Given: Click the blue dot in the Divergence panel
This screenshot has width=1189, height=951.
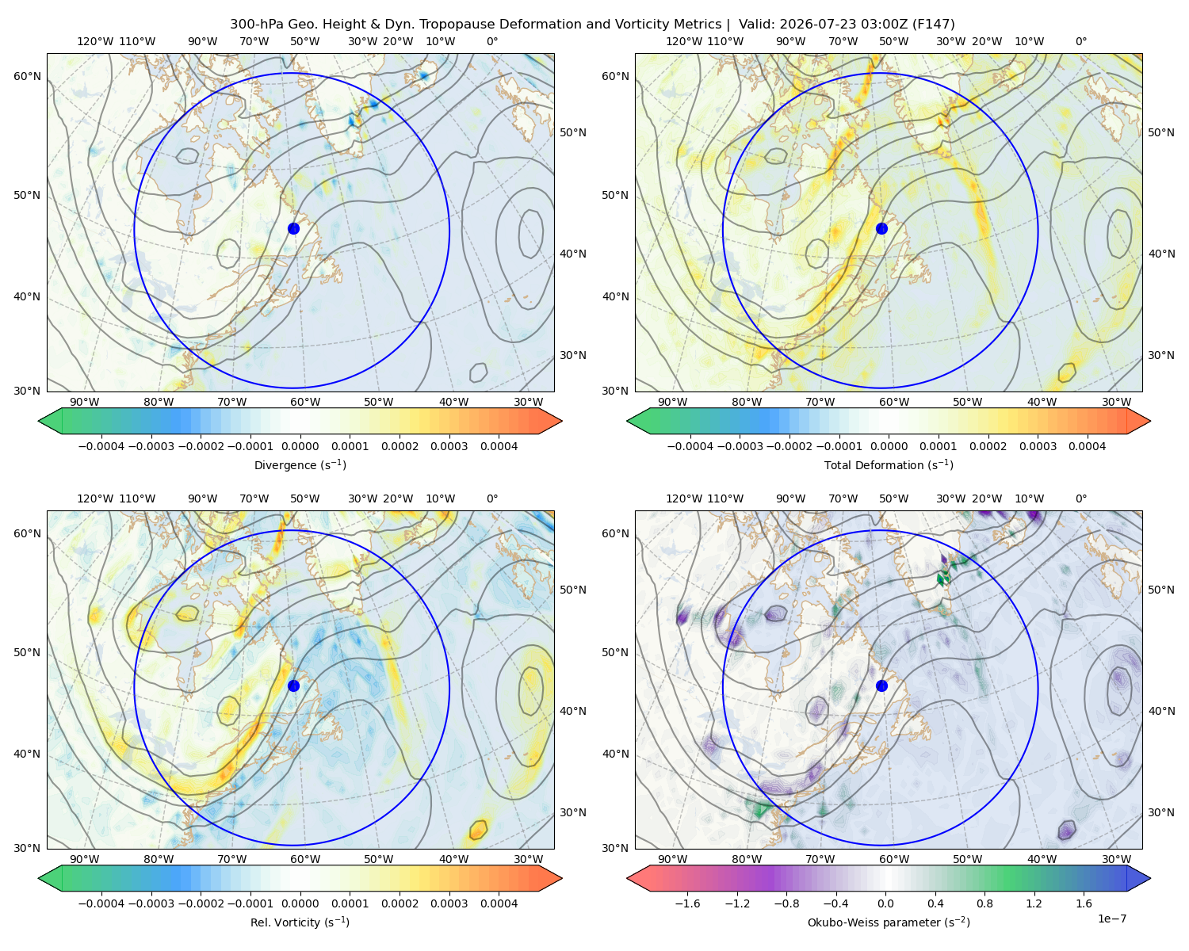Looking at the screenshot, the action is [x=293, y=229].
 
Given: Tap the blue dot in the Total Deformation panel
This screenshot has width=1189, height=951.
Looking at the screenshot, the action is [x=881, y=229].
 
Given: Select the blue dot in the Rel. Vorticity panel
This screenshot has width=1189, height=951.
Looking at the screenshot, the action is [x=293, y=686].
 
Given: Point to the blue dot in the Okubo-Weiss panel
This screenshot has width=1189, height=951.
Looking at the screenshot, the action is [x=881, y=686].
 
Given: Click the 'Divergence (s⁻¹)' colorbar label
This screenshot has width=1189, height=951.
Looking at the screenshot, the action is [x=300, y=464].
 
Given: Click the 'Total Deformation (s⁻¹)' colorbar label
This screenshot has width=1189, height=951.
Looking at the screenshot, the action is [x=889, y=464].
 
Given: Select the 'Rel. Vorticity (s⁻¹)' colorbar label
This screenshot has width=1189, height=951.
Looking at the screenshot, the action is [x=300, y=922].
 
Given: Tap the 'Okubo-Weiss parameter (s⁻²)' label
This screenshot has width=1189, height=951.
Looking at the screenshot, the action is [x=889, y=922].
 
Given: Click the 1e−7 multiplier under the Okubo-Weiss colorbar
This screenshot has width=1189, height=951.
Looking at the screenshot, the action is [x=1111, y=919].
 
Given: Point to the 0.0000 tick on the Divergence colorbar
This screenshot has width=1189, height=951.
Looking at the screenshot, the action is [x=300, y=446].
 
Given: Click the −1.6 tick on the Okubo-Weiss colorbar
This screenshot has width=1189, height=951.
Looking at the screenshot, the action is [x=687, y=903].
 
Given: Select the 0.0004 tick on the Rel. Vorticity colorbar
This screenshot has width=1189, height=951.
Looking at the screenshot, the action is [x=499, y=903].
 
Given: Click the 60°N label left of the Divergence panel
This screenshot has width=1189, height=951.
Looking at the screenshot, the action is [x=27, y=76].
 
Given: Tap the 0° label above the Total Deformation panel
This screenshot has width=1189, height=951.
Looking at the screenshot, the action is [x=1080, y=41].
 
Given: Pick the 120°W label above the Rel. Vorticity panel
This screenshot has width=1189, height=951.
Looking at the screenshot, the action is [x=95, y=498].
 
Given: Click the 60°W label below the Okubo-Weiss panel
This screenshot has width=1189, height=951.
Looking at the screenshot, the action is [x=894, y=859].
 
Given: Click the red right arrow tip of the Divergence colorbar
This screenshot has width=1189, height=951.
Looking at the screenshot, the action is [x=561, y=421].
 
